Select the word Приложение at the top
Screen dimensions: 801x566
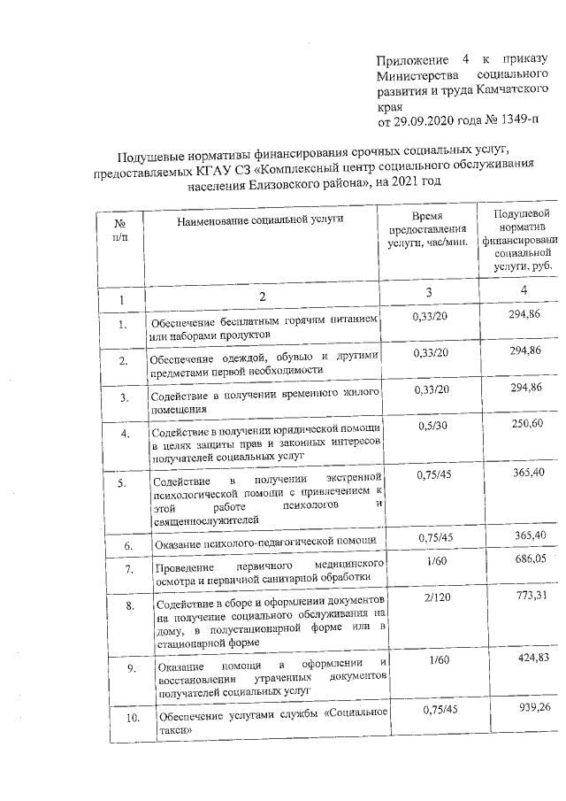coord(411,59)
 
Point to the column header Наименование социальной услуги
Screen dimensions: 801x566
coord(260,218)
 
